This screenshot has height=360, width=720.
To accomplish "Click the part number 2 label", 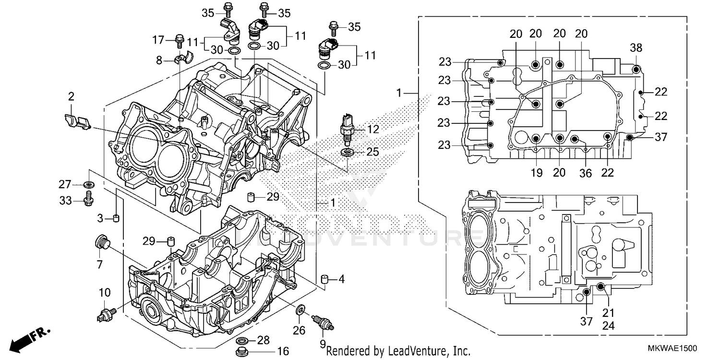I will click(71, 97).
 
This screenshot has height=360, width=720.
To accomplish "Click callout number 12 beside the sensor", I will click(373, 129).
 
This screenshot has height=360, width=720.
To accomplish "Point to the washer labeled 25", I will click(346, 153).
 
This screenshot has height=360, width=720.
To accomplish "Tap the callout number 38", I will click(636, 48).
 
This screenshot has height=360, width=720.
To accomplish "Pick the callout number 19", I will click(536, 173).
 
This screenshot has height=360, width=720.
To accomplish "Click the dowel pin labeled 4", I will click(324, 279).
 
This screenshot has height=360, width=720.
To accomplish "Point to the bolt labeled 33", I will click(88, 199).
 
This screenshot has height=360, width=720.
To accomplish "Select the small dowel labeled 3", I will click(116, 219).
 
